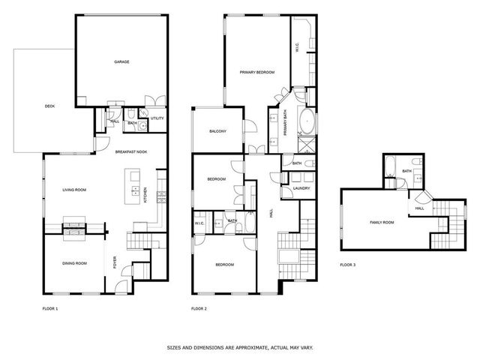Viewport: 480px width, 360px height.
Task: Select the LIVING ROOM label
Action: pyautogui.click(x=74, y=190)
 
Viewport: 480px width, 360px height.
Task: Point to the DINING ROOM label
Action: pyautogui.click(x=74, y=263)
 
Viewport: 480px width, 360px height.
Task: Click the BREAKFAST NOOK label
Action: pyautogui.click(x=130, y=151)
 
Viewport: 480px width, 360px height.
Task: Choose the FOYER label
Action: pyautogui.click(x=115, y=262)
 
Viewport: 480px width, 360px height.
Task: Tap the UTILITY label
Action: pyautogui.click(x=157, y=118)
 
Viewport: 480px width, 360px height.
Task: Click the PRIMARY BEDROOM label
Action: pyautogui.click(x=256, y=72)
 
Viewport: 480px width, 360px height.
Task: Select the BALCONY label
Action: pyautogui.click(x=217, y=132)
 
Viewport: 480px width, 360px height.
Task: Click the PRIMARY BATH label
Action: pyautogui.click(x=286, y=124)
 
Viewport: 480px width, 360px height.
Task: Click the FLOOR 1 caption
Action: pyautogui.click(x=49, y=308)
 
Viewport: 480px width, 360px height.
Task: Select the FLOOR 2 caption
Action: pyautogui.click(x=199, y=308)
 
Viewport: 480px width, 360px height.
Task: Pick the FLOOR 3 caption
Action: pyautogui.click(x=348, y=265)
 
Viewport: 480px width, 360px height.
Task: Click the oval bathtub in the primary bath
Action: pyautogui.click(x=308, y=120)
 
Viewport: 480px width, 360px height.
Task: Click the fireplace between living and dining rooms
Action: pyautogui.click(x=75, y=226)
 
